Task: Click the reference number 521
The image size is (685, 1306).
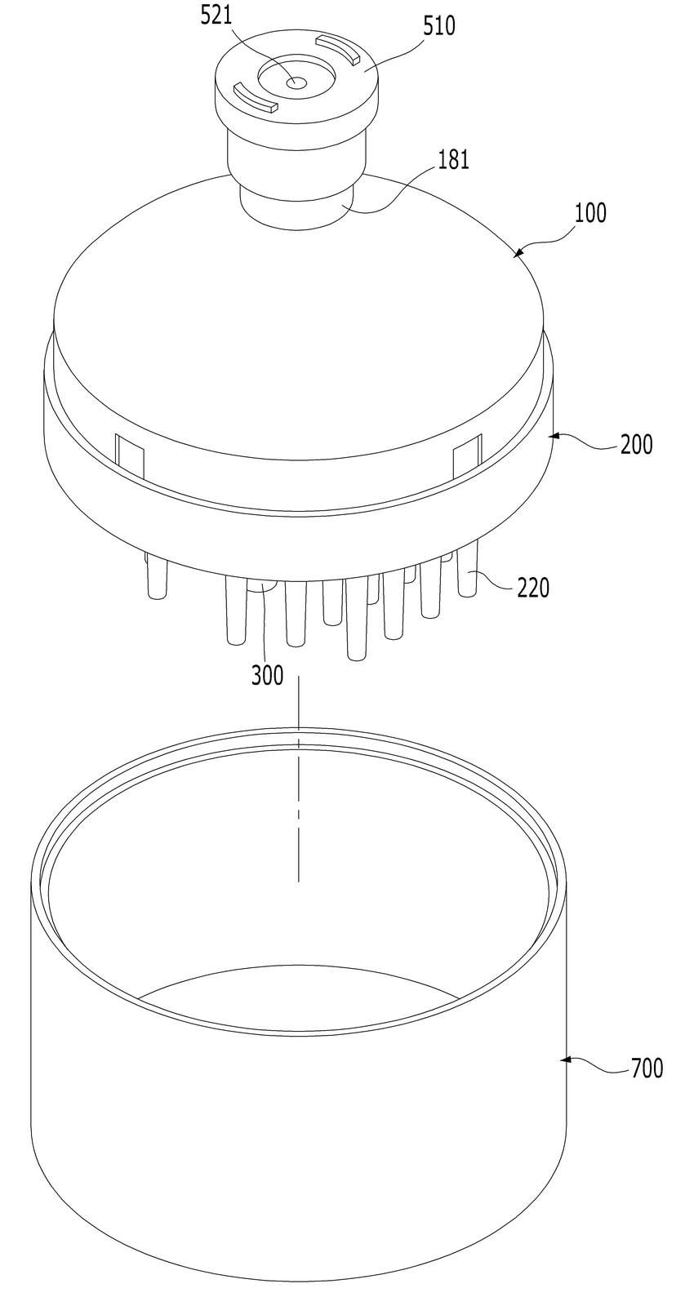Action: coord(216,16)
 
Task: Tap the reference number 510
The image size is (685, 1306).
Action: coord(439,26)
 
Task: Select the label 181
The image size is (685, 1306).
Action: coord(453,159)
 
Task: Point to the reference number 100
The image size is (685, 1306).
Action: coord(590,213)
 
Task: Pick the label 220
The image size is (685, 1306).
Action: coord(533,588)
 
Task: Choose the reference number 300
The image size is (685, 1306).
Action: coord(268,675)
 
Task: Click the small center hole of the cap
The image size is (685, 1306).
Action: coord(296,82)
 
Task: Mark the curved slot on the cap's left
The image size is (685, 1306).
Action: coord(255,98)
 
